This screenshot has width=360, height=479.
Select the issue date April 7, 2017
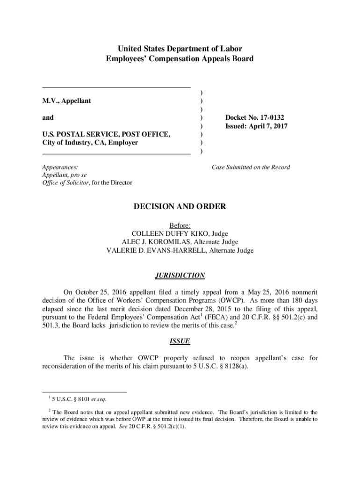point(271,126)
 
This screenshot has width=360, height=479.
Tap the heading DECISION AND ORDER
point(180,206)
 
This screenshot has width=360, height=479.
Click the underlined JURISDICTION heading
point(180,276)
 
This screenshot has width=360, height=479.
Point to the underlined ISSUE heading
point(180,341)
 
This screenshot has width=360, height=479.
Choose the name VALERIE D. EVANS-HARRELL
point(150,250)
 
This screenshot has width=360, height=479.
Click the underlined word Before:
point(180,225)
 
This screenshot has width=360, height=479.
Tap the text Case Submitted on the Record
point(251,167)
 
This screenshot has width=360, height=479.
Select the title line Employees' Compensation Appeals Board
point(180,58)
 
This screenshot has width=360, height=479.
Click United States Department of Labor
point(180,49)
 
